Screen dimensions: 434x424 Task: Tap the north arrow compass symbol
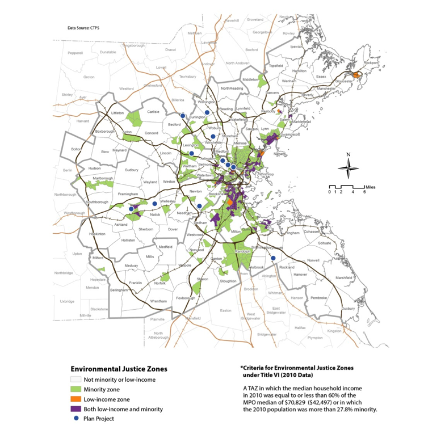(349, 166)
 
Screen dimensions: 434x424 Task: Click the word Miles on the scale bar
(370, 186)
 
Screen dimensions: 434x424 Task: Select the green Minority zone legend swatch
(75, 389)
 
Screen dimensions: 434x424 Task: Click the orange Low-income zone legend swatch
(75, 399)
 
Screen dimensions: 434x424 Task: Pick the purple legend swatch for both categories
(75, 408)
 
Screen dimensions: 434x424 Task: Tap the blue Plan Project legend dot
(75, 418)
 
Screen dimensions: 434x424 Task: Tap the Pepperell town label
(75, 52)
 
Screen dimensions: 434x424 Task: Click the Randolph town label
(243, 251)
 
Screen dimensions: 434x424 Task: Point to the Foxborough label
(186, 298)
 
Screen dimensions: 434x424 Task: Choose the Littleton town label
(117, 113)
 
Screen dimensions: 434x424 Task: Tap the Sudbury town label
(131, 170)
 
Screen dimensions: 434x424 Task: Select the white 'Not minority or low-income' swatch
(75, 380)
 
